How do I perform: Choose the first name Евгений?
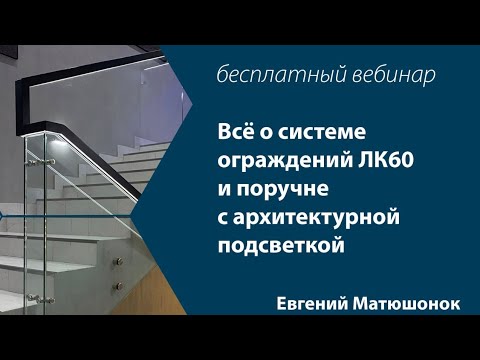[319, 304]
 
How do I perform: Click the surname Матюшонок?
[409, 304]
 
